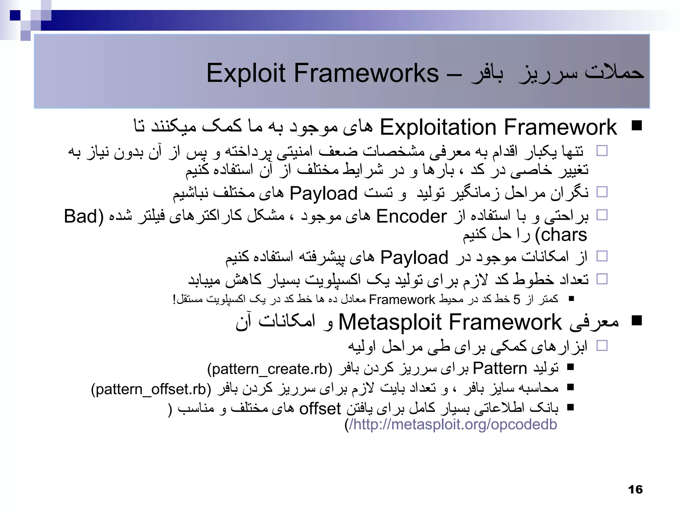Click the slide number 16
[635, 490]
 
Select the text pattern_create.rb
[270, 369]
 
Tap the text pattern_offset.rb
[151, 389]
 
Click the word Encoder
[411, 216]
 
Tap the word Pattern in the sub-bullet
[500, 368]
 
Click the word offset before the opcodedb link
[320, 408]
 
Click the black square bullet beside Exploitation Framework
[637, 126]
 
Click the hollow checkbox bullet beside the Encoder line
[602, 215]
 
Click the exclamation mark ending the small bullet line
[174, 299]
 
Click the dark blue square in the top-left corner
[15, 15]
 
